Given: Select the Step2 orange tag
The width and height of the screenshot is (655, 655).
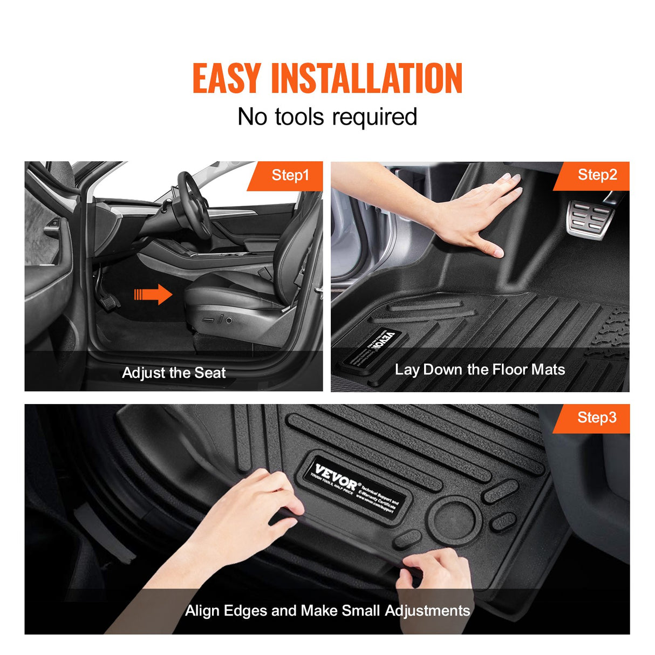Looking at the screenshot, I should [597, 175].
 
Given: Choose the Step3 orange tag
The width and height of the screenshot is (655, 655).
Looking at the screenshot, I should [597, 418].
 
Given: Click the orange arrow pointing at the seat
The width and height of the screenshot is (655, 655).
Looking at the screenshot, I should [153, 295].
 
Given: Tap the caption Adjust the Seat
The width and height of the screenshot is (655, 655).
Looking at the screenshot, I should [174, 373].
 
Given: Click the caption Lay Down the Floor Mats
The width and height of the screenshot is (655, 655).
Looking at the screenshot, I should [480, 370].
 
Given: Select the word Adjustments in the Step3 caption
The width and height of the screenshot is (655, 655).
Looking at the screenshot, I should [427, 611].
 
